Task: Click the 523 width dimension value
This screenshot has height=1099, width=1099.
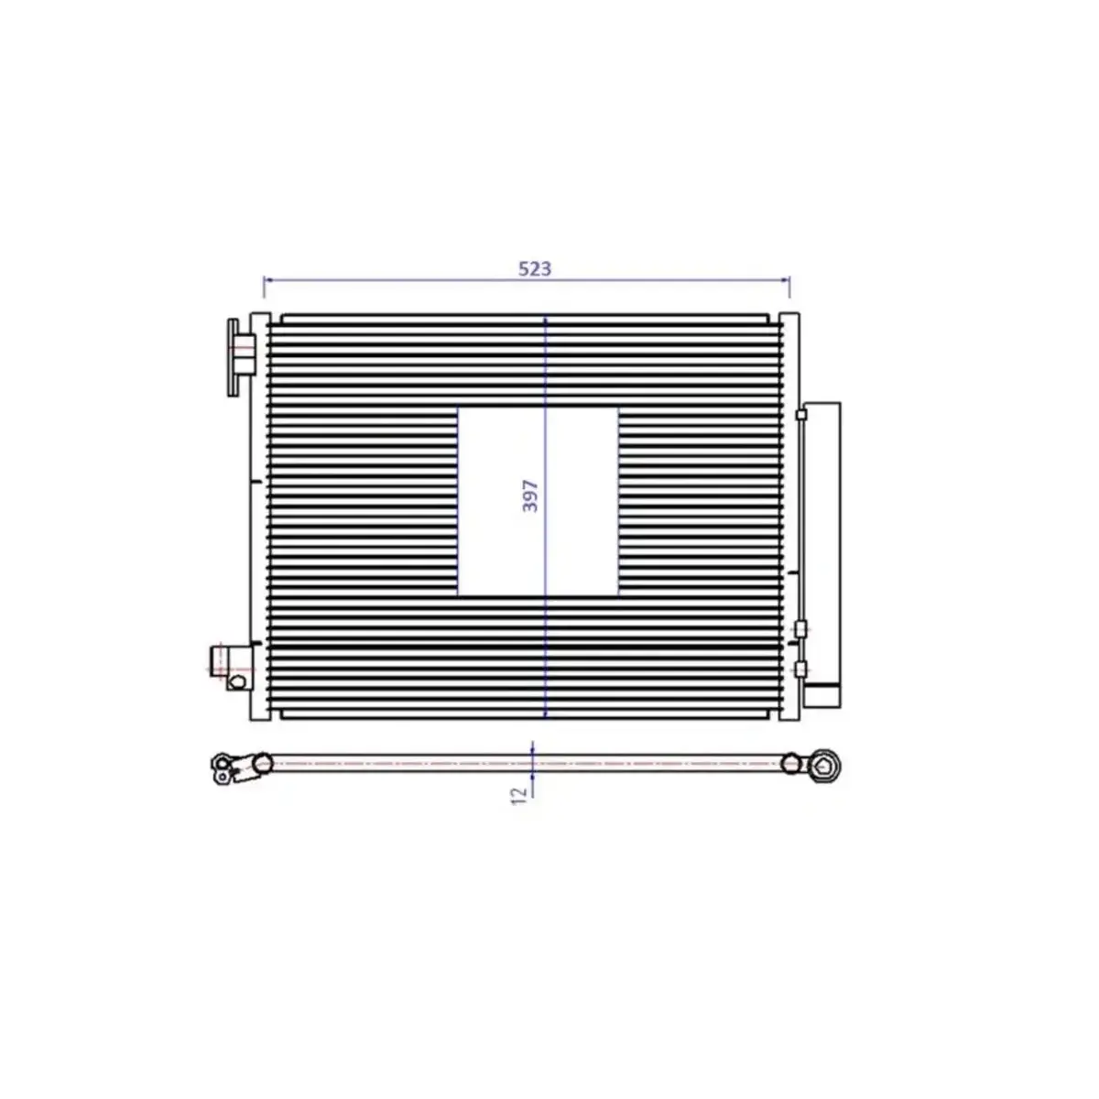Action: [x=535, y=268]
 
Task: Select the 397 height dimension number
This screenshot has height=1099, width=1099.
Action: [x=530, y=495]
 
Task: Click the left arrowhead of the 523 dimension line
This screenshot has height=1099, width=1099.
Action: [x=267, y=279]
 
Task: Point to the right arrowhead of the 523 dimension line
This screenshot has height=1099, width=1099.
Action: [x=787, y=279]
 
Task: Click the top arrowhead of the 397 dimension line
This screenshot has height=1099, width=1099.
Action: [x=545, y=321]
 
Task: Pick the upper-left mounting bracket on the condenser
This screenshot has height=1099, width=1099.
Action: [x=238, y=355]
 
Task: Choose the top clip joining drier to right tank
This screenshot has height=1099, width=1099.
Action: [x=802, y=415]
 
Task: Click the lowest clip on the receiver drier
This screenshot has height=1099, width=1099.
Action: [x=801, y=670]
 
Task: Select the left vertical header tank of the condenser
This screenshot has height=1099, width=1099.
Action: [x=259, y=517]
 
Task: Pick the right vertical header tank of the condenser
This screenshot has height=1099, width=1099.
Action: [x=789, y=517]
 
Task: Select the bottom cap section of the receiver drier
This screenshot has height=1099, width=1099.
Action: [x=822, y=695]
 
